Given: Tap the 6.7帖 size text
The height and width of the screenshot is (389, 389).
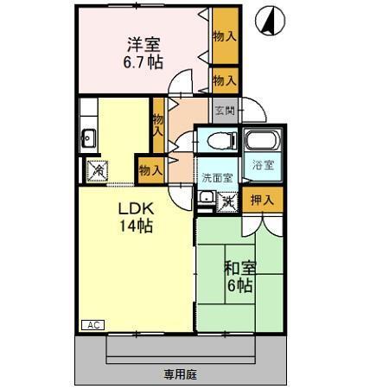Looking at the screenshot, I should (143, 63).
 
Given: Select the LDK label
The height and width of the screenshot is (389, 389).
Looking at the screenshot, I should (136, 210).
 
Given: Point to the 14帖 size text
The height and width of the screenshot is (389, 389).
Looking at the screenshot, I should (136, 226).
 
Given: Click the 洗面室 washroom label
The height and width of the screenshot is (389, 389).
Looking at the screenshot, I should (217, 177).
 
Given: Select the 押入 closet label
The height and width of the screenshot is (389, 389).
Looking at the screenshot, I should (262, 200).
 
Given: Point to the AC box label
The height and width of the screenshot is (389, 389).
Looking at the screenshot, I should (93, 324).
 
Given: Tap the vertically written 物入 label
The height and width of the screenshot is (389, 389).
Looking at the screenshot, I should (158, 126).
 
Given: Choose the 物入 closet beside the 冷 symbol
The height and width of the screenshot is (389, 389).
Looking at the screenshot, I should (150, 169).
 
